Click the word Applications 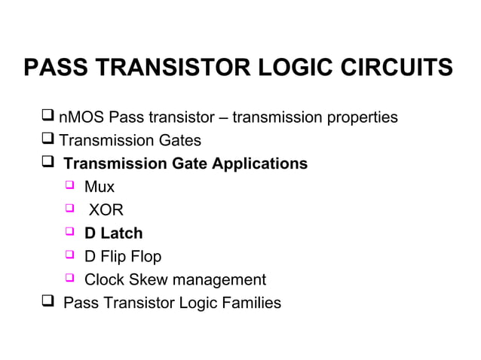[x=262, y=163]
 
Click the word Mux [x=99, y=187]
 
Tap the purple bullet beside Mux [x=69, y=187]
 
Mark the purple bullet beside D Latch [x=69, y=233]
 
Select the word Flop [x=145, y=257]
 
